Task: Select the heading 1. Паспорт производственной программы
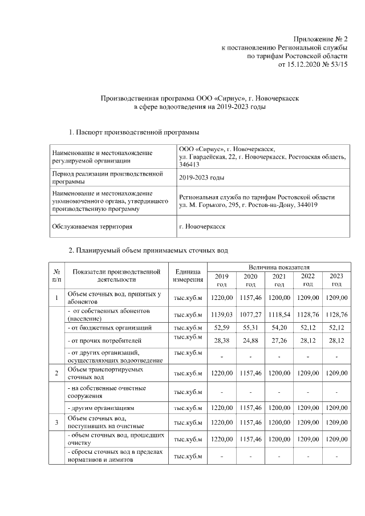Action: point(134,133)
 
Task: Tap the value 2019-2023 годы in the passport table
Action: point(201,178)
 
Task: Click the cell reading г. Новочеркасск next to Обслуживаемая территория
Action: point(202,226)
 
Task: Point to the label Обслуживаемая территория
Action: point(92,226)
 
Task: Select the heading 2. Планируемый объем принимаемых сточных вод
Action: point(148,250)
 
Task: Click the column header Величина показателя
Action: point(278,267)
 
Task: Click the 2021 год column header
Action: point(279,280)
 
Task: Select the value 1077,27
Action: point(250,315)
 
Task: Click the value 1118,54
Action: point(279,315)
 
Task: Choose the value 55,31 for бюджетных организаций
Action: point(250,328)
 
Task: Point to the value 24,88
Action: point(250,341)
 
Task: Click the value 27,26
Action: point(279,341)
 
